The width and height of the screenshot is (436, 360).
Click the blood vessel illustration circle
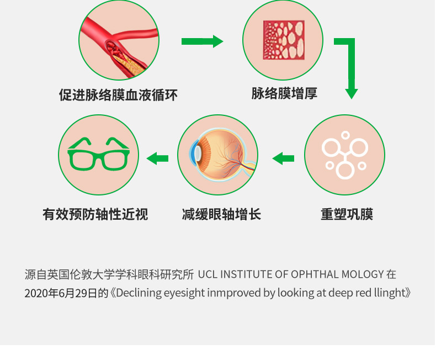click(119, 40)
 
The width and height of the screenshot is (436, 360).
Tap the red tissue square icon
click(283, 40)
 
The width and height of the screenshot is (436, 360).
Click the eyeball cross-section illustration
click(219, 155)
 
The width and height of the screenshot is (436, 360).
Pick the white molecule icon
click(344, 155)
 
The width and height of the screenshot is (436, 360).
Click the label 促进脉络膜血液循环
click(118, 95)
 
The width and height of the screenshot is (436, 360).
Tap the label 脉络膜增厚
click(284, 93)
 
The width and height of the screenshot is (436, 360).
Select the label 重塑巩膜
click(347, 214)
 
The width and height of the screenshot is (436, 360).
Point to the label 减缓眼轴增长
click(221, 214)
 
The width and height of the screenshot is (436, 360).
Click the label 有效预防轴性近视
click(95, 214)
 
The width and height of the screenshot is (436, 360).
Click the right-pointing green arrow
click(202, 41)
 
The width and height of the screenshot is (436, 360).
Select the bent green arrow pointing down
click(348, 66)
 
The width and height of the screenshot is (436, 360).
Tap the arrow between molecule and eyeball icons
click(283, 159)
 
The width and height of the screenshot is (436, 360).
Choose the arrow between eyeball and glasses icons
click(157, 159)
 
